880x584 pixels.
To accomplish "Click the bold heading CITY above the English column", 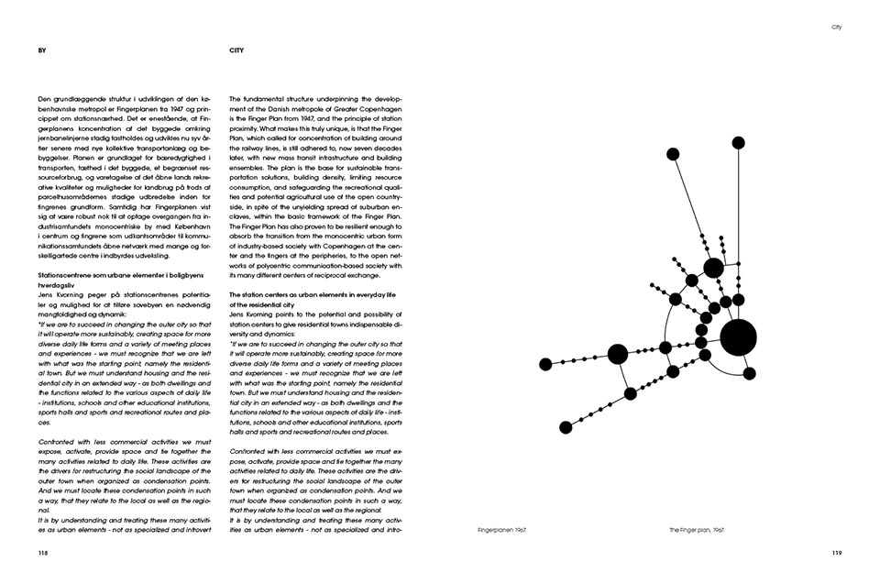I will click(x=236, y=50).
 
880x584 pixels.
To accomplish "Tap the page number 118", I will click(x=43, y=553).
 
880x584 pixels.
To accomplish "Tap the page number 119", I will click(x=836, y=553).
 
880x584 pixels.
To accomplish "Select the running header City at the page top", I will click(x=835, y=28).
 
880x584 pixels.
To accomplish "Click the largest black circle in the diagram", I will click(x=738, y=337).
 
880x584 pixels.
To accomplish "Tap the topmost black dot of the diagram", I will click(x=738, y=142).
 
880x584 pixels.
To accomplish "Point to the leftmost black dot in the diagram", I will click(x=545, y=364).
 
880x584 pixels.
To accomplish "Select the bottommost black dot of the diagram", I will click(x=566, y=427).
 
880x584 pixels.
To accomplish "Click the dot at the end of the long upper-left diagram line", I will click(x=672, y=153).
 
